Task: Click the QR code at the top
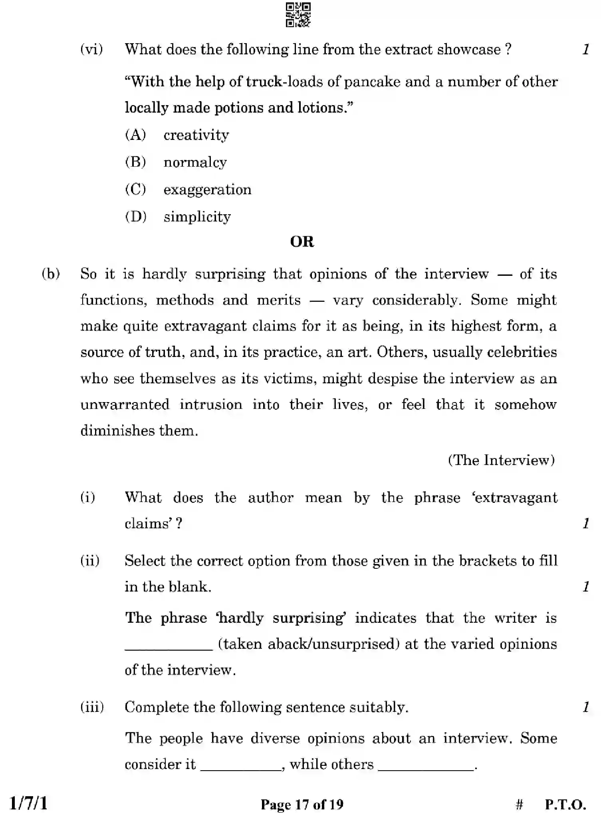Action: click(298, 16)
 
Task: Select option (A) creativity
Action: click(196, 135)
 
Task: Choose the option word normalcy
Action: click(195, 162)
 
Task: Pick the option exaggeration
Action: click(207, 189)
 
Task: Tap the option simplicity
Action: click(197, 217)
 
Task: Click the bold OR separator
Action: click(302, 242)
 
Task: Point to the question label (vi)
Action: click(91, 50)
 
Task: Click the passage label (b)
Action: click(51, 274)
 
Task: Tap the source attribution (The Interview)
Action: click(501, 460)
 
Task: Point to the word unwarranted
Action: click(125, 405)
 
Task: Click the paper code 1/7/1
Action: click(28, 803)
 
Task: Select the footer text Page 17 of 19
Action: click(302, 803)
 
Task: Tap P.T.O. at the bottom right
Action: click(565, 803)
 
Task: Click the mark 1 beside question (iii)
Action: click(585, 707)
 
